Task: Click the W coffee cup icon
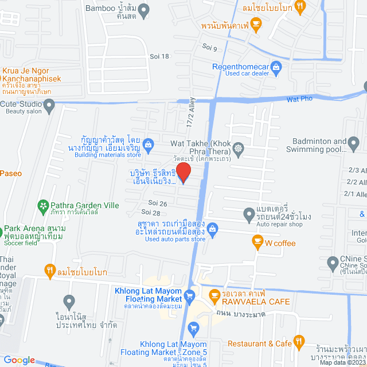[257, 243]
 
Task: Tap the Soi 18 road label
[161, 56]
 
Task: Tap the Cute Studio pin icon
[49, 104]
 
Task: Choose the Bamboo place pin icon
[144, 9]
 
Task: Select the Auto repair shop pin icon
[249, 215]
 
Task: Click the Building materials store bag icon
[149, 144]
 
